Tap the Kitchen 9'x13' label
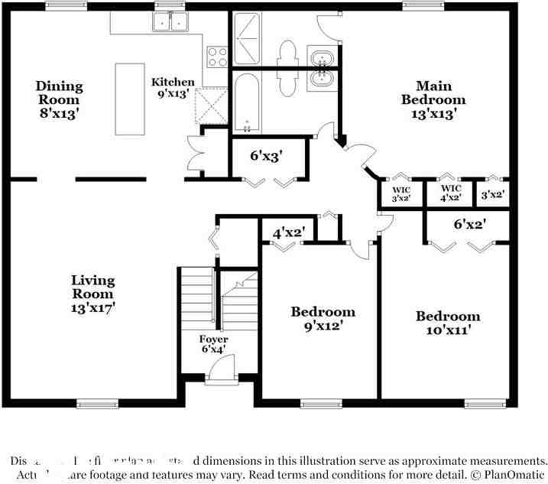pyautogui.click(x=173, y=88)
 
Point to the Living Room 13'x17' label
pyautogui.click(x=93, y=294)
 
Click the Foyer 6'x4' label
pyautogui.click(x=214, y=344)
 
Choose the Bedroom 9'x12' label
pyautogui.click(x=323, y=318)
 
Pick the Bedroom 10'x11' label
pyautogui.click(x=448, y=323)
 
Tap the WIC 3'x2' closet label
pyautogui.click(x=402, y=193)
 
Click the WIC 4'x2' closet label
pyautogui.click(x=451, y=192)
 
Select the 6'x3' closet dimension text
pyautogui.click(x=267, y=156)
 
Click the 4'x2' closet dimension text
pyautogui.click(x=289, y=232)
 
